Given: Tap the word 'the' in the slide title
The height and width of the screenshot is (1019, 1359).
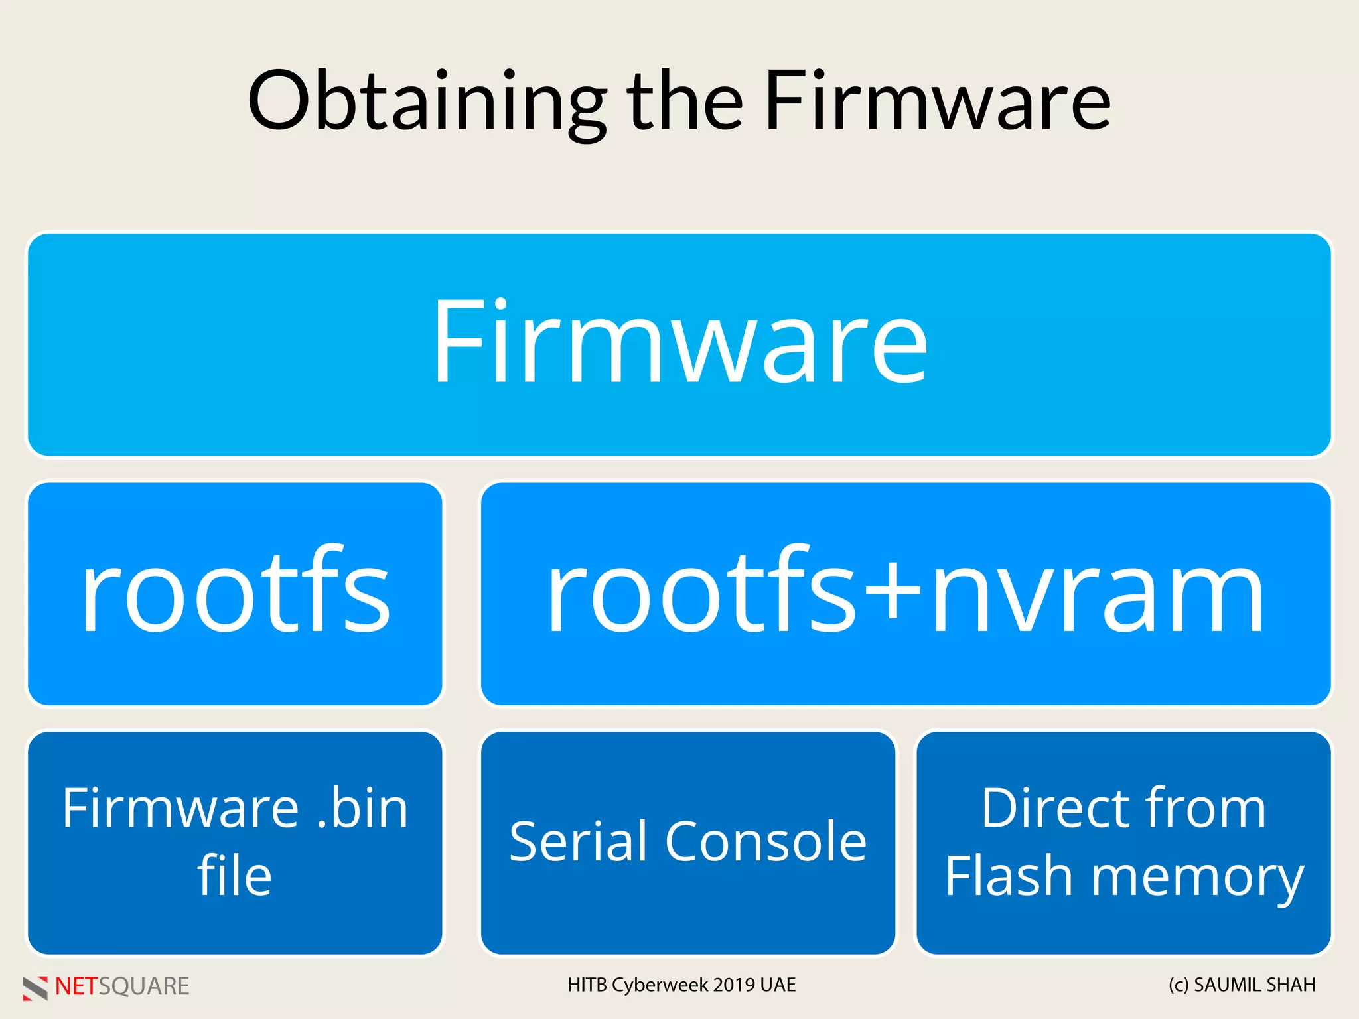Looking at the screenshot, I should (x=685, y=101).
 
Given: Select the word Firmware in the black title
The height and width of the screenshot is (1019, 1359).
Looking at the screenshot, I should (x=937, y=101).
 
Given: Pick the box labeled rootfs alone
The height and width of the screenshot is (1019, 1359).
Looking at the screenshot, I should (x=235, y=592).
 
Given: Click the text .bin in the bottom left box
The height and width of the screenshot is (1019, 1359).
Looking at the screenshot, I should (x=362, y=807).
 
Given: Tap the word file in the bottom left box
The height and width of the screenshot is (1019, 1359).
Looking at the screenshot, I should (x=235, y=876).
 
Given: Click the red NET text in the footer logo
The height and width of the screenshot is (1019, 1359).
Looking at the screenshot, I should (x=76, y=986).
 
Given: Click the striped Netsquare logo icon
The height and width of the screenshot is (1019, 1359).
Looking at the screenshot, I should (x=35, y=988).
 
